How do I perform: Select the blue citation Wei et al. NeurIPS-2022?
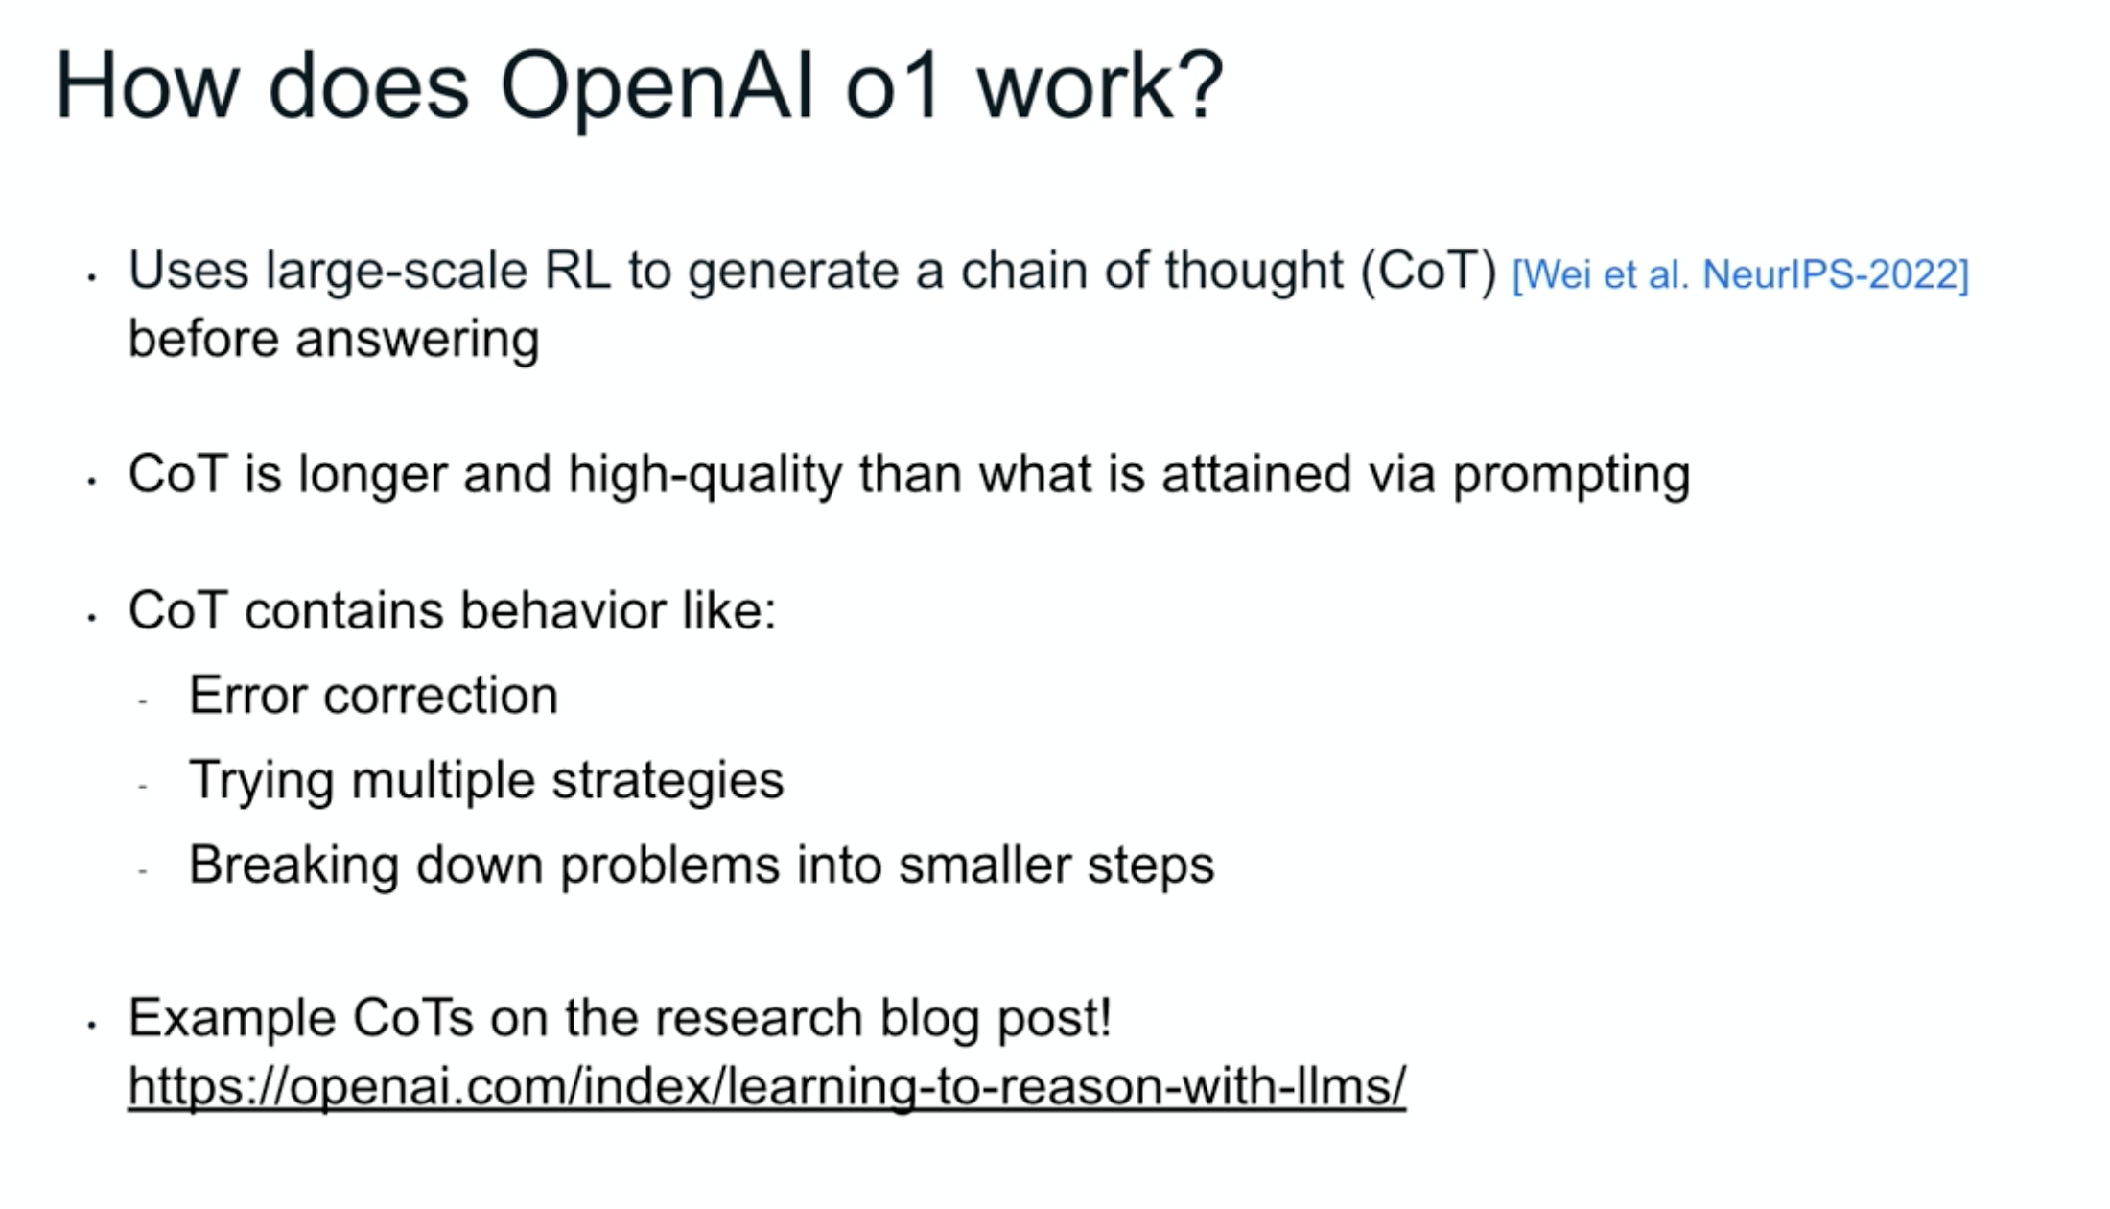point(1740,274)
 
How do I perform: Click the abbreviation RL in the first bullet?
point(577,270)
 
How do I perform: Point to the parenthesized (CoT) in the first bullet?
point(1429,272)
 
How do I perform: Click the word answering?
point(417,341)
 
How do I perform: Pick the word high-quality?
point(705,476)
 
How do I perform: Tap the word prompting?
point(1571,476)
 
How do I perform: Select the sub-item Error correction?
point(373,695)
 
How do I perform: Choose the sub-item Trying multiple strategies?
point(486,780)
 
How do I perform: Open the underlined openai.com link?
point(767,1087)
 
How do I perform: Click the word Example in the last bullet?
point(232,1019)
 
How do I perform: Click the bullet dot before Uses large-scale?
point(92,278)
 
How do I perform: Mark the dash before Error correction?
point(143,702)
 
